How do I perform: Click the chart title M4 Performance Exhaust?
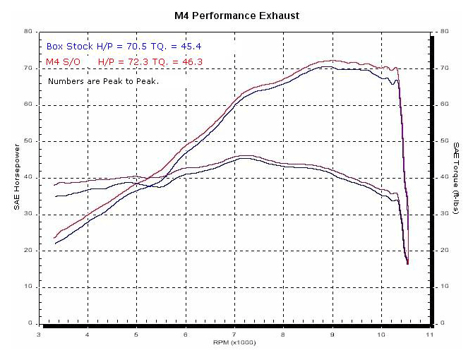pyautogui.click(x=236, y=15)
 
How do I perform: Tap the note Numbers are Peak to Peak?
pyautogui.click(x=103, y=81)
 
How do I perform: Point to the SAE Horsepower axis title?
pyautogui.click(x=17, y=178)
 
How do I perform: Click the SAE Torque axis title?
pyautogui.click(x=456, y=178)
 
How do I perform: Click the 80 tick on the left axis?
pyautogui.click(x=27, y=32)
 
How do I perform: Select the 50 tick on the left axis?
pyautogui.click(x=27, y=141)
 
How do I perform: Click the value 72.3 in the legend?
pyautogui.click(x=127, y=62)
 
